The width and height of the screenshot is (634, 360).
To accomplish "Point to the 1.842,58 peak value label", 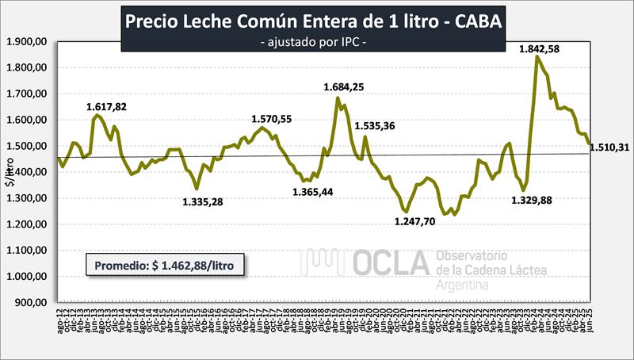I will (x=539, y=49).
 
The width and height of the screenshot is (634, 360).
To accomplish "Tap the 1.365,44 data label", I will (x=312, y=192).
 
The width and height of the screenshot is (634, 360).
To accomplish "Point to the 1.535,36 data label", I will (x=379, y=125).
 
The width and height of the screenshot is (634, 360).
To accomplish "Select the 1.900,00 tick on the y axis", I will (x=28, y=41).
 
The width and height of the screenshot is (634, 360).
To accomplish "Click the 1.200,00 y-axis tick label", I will (x=28, y=224).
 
